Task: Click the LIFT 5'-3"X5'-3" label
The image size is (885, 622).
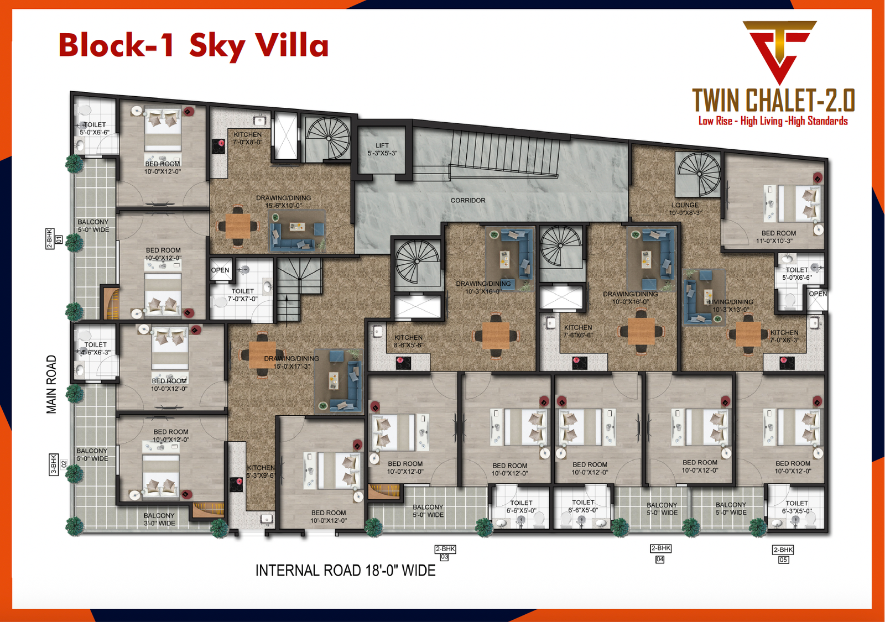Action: (x=382, y=149)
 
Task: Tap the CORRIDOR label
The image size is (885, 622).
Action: (x=468, y=200)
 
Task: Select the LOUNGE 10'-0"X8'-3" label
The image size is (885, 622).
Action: (x=685, y=208)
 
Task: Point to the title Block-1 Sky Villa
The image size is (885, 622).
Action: (x=194, y=45)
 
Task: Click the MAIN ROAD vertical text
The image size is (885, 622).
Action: (x=51, y=384)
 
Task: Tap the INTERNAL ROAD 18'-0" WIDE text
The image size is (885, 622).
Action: (x=345, y=571)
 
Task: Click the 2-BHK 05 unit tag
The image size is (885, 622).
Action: (x=783, y=554)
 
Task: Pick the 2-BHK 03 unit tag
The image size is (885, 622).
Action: (x=445, y=553)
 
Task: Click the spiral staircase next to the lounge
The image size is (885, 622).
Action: (x=699, y=174)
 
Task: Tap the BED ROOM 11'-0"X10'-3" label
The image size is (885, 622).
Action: (x=778, y=237)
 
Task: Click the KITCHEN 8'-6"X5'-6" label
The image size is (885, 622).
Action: (x=408, y=341)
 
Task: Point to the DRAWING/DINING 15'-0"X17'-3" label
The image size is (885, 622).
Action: (x=291, y=362)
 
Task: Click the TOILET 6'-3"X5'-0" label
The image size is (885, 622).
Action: (x=796, y=507)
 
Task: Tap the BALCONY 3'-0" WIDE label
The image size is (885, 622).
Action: (x=159, y=519)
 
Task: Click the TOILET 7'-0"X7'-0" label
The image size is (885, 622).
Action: (x=242, y=295)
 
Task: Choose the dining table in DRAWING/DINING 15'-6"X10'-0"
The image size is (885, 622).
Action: (x=238, y=226)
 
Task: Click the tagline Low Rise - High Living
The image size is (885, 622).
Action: (x=773, y=121)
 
